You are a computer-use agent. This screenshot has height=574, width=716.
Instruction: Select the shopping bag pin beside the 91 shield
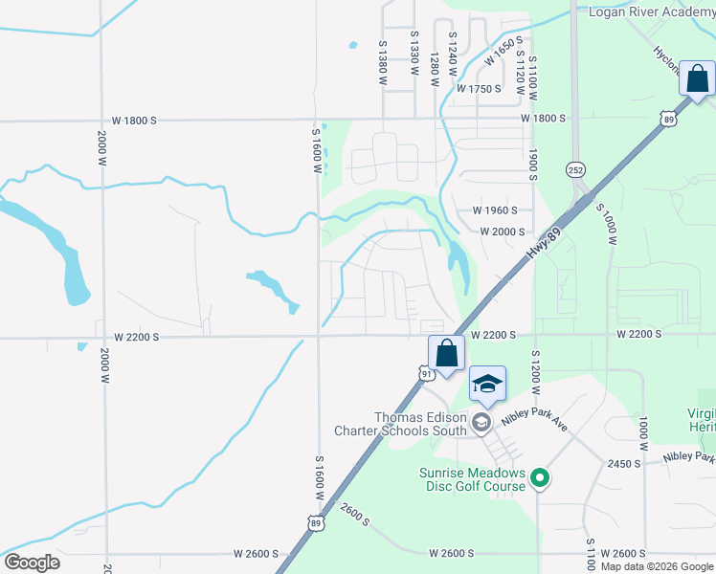[x=446, y=354]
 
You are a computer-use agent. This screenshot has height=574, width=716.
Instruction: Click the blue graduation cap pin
[x=487, y=385]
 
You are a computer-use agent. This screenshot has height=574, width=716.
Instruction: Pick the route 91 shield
[x=425, y=372]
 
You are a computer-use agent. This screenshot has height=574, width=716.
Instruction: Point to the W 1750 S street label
[x=479, y=89]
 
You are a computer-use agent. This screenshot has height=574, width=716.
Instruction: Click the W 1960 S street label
[x=495, y=210]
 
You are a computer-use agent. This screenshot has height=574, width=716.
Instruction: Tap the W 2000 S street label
[x=503, y=232]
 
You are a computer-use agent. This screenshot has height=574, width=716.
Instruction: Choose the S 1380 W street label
[x=382, y=60]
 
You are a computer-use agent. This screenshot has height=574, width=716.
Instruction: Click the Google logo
[x=32, y=563]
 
